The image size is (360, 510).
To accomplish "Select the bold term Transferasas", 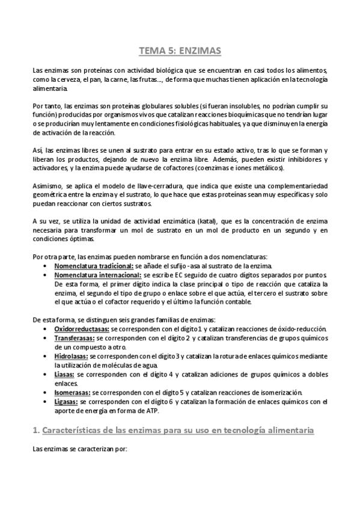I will pyautogui.click(x=74, y=339).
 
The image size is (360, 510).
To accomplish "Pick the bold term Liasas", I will pyautogui.click(x=64, y=374).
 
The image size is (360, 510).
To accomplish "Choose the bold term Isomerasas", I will pyautogui.click(x=73, y=392).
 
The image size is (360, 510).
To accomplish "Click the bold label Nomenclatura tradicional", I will pyautogui.click(x=93, y=266).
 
